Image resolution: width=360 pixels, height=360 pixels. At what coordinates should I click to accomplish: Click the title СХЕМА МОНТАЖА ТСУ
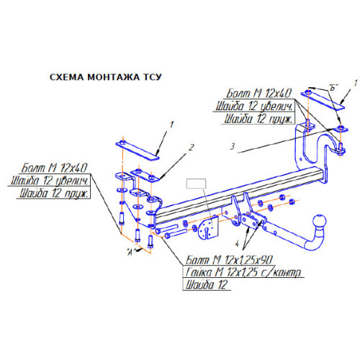tap(106, 77)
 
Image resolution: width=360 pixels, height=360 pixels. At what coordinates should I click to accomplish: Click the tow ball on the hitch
tap(319, 221)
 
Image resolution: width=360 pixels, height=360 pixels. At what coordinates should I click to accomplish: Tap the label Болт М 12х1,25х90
tap(229, 260)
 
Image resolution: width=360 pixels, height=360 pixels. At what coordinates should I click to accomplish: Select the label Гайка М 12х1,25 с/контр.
tap(243, 272)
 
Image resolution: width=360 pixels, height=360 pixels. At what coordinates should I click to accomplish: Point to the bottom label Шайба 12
tap(206, 285)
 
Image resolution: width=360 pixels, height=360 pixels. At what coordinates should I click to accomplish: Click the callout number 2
tap(191, 148)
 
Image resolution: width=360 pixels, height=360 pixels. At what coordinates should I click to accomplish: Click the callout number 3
tap(233, 146)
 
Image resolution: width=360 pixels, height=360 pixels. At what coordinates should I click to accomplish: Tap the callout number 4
tap(237, 244)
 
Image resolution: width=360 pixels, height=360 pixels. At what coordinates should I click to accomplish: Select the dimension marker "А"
tap(130, 252)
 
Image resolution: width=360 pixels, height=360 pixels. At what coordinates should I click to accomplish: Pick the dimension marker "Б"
tap(333, 87)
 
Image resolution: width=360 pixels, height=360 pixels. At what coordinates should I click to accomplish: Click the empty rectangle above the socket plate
tap(196, 184)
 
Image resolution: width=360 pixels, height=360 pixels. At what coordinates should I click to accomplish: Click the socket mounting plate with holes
tap(208, 228)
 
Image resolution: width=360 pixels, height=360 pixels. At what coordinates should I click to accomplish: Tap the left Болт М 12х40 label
tap(54, 168)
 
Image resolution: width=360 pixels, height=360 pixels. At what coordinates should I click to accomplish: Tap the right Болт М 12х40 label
tap(259, 93)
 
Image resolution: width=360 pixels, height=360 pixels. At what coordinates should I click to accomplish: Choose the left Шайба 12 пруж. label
tap(54, 193)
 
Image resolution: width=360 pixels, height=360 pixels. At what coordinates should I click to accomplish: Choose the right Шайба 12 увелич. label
tap(254, 106)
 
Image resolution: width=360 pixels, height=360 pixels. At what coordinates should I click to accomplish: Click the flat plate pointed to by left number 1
tap(138, 150)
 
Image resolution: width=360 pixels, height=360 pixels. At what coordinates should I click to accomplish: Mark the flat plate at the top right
tap(323, 100)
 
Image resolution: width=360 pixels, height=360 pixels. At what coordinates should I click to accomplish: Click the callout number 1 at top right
tap(356, 84)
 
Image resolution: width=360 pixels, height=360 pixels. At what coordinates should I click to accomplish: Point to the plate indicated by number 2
tap(145, 176)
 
